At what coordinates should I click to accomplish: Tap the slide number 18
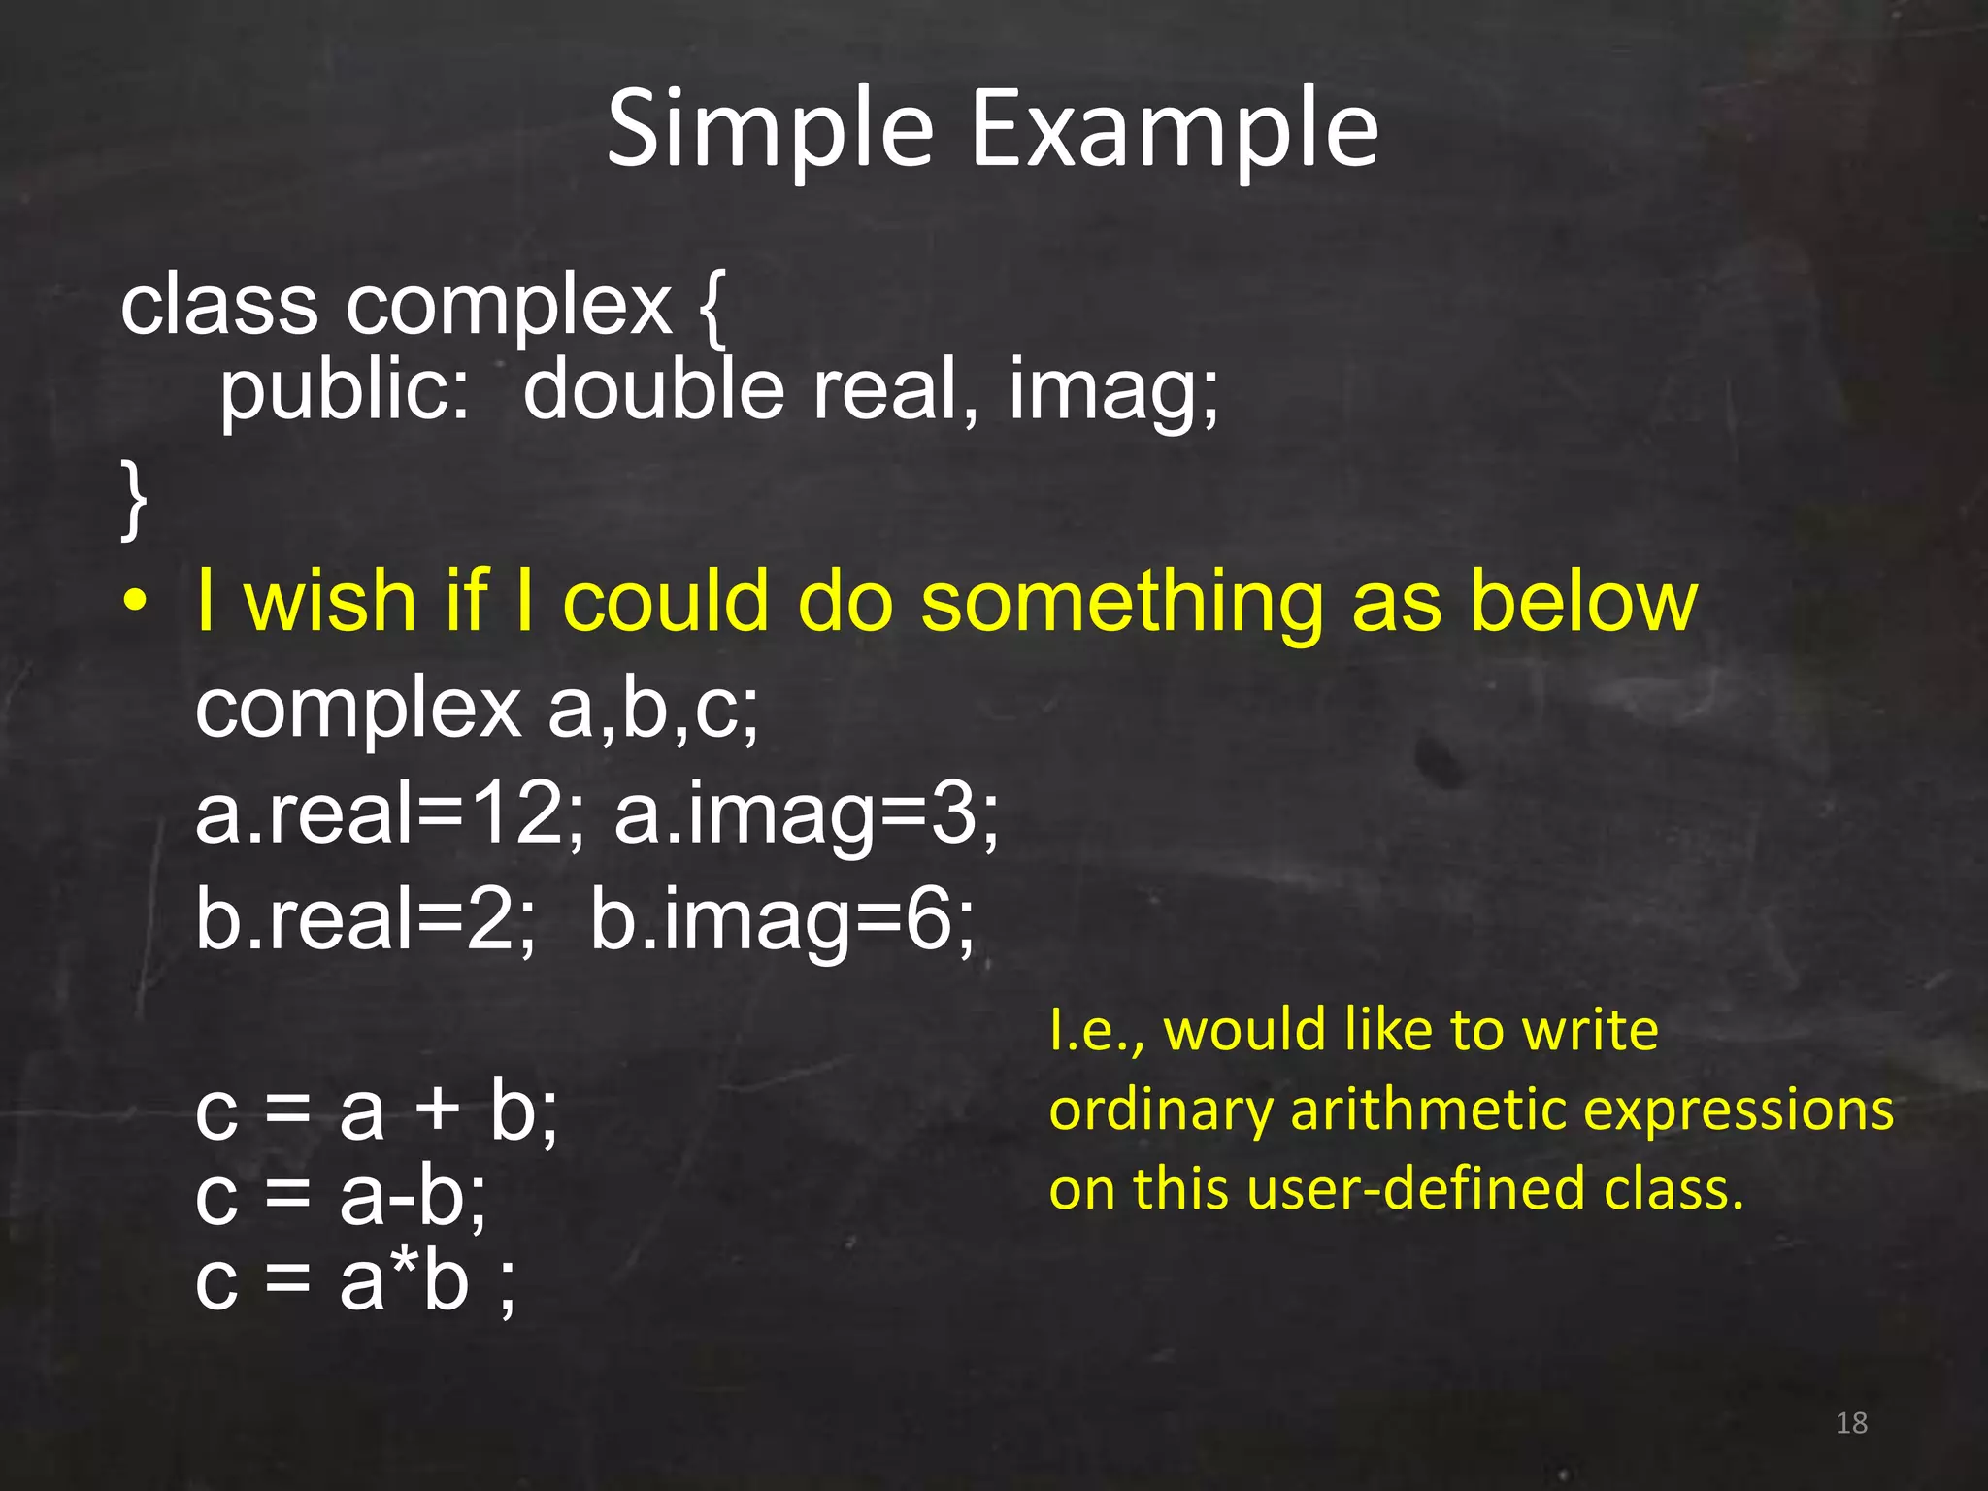[x=1851, y=1423]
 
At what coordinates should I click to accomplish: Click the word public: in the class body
[x=345, y=391]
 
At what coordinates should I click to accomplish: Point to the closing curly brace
[x=134, y=499]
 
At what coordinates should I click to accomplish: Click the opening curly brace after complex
[x=712, y=308]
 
